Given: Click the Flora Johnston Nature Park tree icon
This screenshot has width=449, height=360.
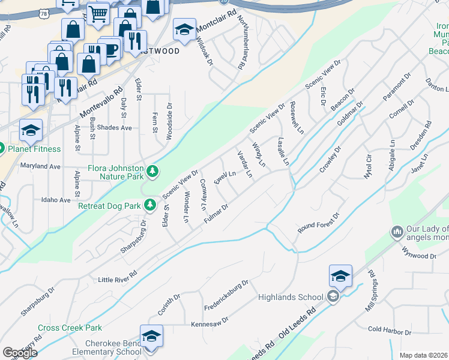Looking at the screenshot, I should pos(154,172).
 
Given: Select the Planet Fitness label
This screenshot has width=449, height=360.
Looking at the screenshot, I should pos(34,149).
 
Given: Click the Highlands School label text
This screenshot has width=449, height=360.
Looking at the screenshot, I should pos(291,297).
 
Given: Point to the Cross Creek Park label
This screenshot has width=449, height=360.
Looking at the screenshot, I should pos(70,328).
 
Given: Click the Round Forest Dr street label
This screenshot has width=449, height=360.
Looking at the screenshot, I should pos(318,223).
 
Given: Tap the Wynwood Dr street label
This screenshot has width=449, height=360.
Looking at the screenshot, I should pos(420,256).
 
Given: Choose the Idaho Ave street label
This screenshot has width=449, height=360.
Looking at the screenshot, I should pos(56,200).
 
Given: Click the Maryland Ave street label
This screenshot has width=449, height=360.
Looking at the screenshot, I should pos(41,166).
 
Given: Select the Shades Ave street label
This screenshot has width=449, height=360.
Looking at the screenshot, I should pos(114,128).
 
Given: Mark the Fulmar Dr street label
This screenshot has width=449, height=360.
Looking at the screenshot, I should pos(216,215).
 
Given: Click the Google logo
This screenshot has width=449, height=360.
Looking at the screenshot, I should pos(20,353).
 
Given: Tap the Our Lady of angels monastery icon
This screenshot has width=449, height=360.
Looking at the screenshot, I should pos(397,232).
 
